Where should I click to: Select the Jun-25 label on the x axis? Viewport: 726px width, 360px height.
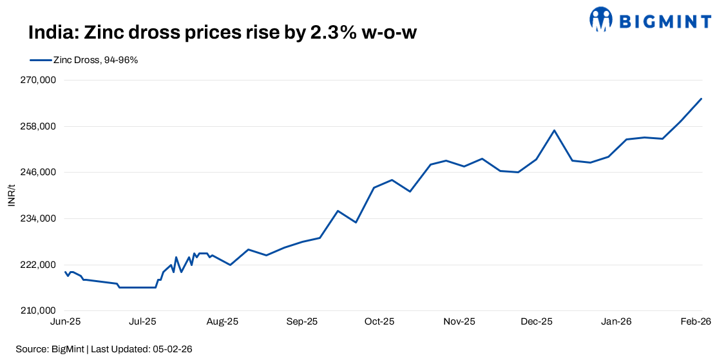point(65,321)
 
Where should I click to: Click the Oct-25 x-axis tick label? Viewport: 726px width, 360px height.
point(379,321)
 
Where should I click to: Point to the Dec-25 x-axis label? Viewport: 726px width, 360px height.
point(537,321)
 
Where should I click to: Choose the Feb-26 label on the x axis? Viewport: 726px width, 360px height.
point(696,321)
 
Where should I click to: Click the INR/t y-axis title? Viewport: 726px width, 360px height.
point(11,195)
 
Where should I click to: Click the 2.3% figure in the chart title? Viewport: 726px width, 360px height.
point(335,33)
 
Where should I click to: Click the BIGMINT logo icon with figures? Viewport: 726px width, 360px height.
point(601,19)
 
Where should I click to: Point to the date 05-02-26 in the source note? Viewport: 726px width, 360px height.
point(173,349)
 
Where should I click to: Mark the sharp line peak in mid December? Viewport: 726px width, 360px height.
point(554,130)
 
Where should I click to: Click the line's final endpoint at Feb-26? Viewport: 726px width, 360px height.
point(701,99)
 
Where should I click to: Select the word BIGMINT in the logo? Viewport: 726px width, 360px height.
point(665,21)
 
